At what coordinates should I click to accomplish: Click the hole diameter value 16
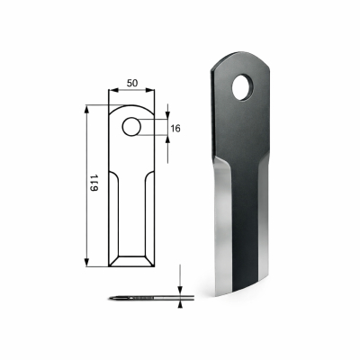pyautogui.click(x=175, y=130)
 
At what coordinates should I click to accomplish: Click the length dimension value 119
pyautogui.click(x=94, y=185)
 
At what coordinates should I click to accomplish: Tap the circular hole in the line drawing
pyautogui.click(x=131, y=125)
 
